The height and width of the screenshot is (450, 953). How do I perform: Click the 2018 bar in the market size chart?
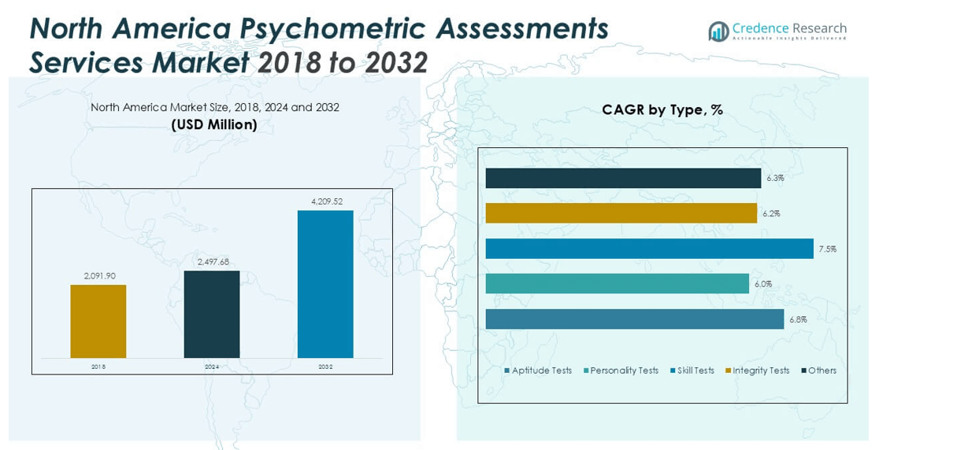98,321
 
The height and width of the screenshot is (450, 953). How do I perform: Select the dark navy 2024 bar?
211,314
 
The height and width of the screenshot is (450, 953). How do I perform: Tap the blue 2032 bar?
325,284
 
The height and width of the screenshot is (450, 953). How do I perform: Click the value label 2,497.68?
212,262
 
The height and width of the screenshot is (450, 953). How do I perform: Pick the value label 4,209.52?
327,201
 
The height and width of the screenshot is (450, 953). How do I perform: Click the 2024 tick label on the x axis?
212,367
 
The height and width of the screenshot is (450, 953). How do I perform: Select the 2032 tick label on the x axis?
325,367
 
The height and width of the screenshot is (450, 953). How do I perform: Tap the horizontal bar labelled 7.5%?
649,249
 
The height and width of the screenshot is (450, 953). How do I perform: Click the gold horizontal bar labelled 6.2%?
621,213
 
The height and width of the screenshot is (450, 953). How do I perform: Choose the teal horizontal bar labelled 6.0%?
617,284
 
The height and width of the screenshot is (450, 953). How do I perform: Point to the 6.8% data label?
798,319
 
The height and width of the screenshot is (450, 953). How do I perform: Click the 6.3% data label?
775,179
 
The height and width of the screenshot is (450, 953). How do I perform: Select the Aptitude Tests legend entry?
538,371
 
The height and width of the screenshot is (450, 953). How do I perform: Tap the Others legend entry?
818,371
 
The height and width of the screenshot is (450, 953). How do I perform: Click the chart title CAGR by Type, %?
662,110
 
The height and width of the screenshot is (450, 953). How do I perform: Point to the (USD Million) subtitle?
214,124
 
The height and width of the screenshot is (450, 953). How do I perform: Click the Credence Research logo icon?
718,31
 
